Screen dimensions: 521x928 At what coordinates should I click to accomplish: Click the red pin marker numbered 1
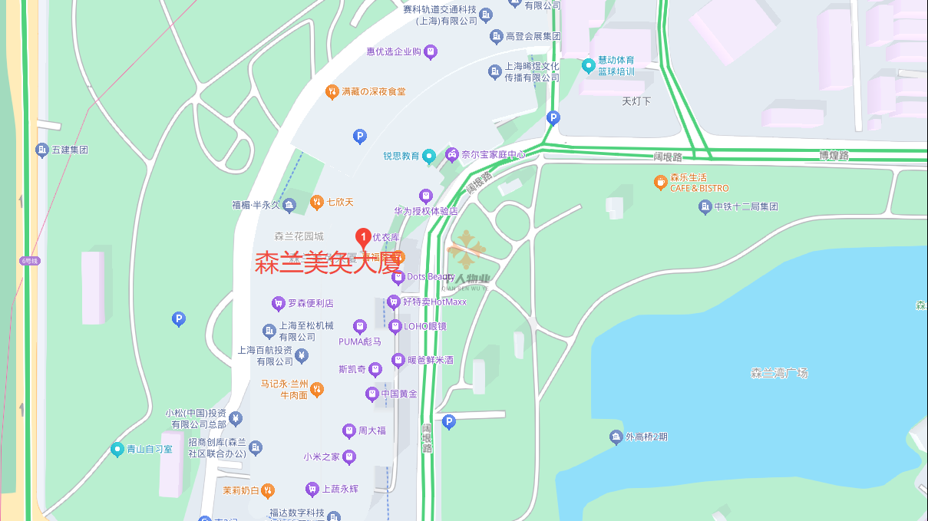pos(364,237)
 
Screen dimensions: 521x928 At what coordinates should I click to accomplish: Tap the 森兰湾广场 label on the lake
pos(779,374)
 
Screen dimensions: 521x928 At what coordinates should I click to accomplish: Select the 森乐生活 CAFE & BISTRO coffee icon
pos(660,183)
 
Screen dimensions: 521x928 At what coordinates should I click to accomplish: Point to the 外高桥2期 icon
pos(616,437)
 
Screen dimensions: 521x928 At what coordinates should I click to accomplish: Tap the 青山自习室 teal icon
pos(117,449)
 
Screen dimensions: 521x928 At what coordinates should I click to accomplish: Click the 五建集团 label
pos(70,150)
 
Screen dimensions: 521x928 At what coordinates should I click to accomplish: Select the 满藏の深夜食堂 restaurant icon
pos(332,92)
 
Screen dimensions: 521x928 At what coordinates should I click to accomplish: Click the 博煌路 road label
pos(834,155)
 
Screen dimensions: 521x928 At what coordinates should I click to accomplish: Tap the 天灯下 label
pos(636,101)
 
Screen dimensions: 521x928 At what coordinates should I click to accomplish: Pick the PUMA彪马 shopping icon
pos(360,328)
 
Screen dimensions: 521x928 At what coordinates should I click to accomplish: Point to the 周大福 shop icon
pos(349,431)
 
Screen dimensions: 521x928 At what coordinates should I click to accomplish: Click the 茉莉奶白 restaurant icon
pos(267,490)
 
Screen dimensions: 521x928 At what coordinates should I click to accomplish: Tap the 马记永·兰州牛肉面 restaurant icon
pos(316,390)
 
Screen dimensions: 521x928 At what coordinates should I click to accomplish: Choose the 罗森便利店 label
pos(310,304)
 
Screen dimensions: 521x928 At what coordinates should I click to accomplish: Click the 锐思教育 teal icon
pos(430,156)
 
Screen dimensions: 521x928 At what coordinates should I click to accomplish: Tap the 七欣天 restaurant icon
pos(316,203)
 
